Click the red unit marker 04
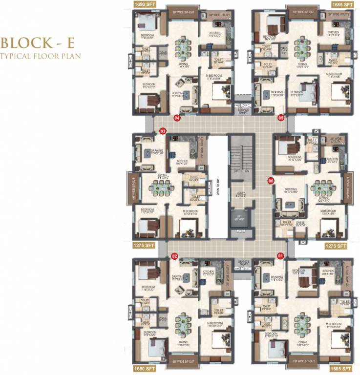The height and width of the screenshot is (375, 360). tap(177, 118)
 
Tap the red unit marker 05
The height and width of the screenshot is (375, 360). tap(281, 118)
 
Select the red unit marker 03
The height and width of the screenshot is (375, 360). tap(163, 131)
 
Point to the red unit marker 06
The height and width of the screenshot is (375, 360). tap(271, 181)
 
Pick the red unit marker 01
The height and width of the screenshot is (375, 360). tap(280, 255)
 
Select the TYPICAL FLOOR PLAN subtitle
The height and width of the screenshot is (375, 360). tap(41, 55)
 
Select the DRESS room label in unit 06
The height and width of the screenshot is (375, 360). tap(300, 223)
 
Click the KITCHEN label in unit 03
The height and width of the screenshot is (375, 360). tap(182, 161)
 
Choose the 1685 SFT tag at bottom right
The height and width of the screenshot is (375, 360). tap(341, 369)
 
